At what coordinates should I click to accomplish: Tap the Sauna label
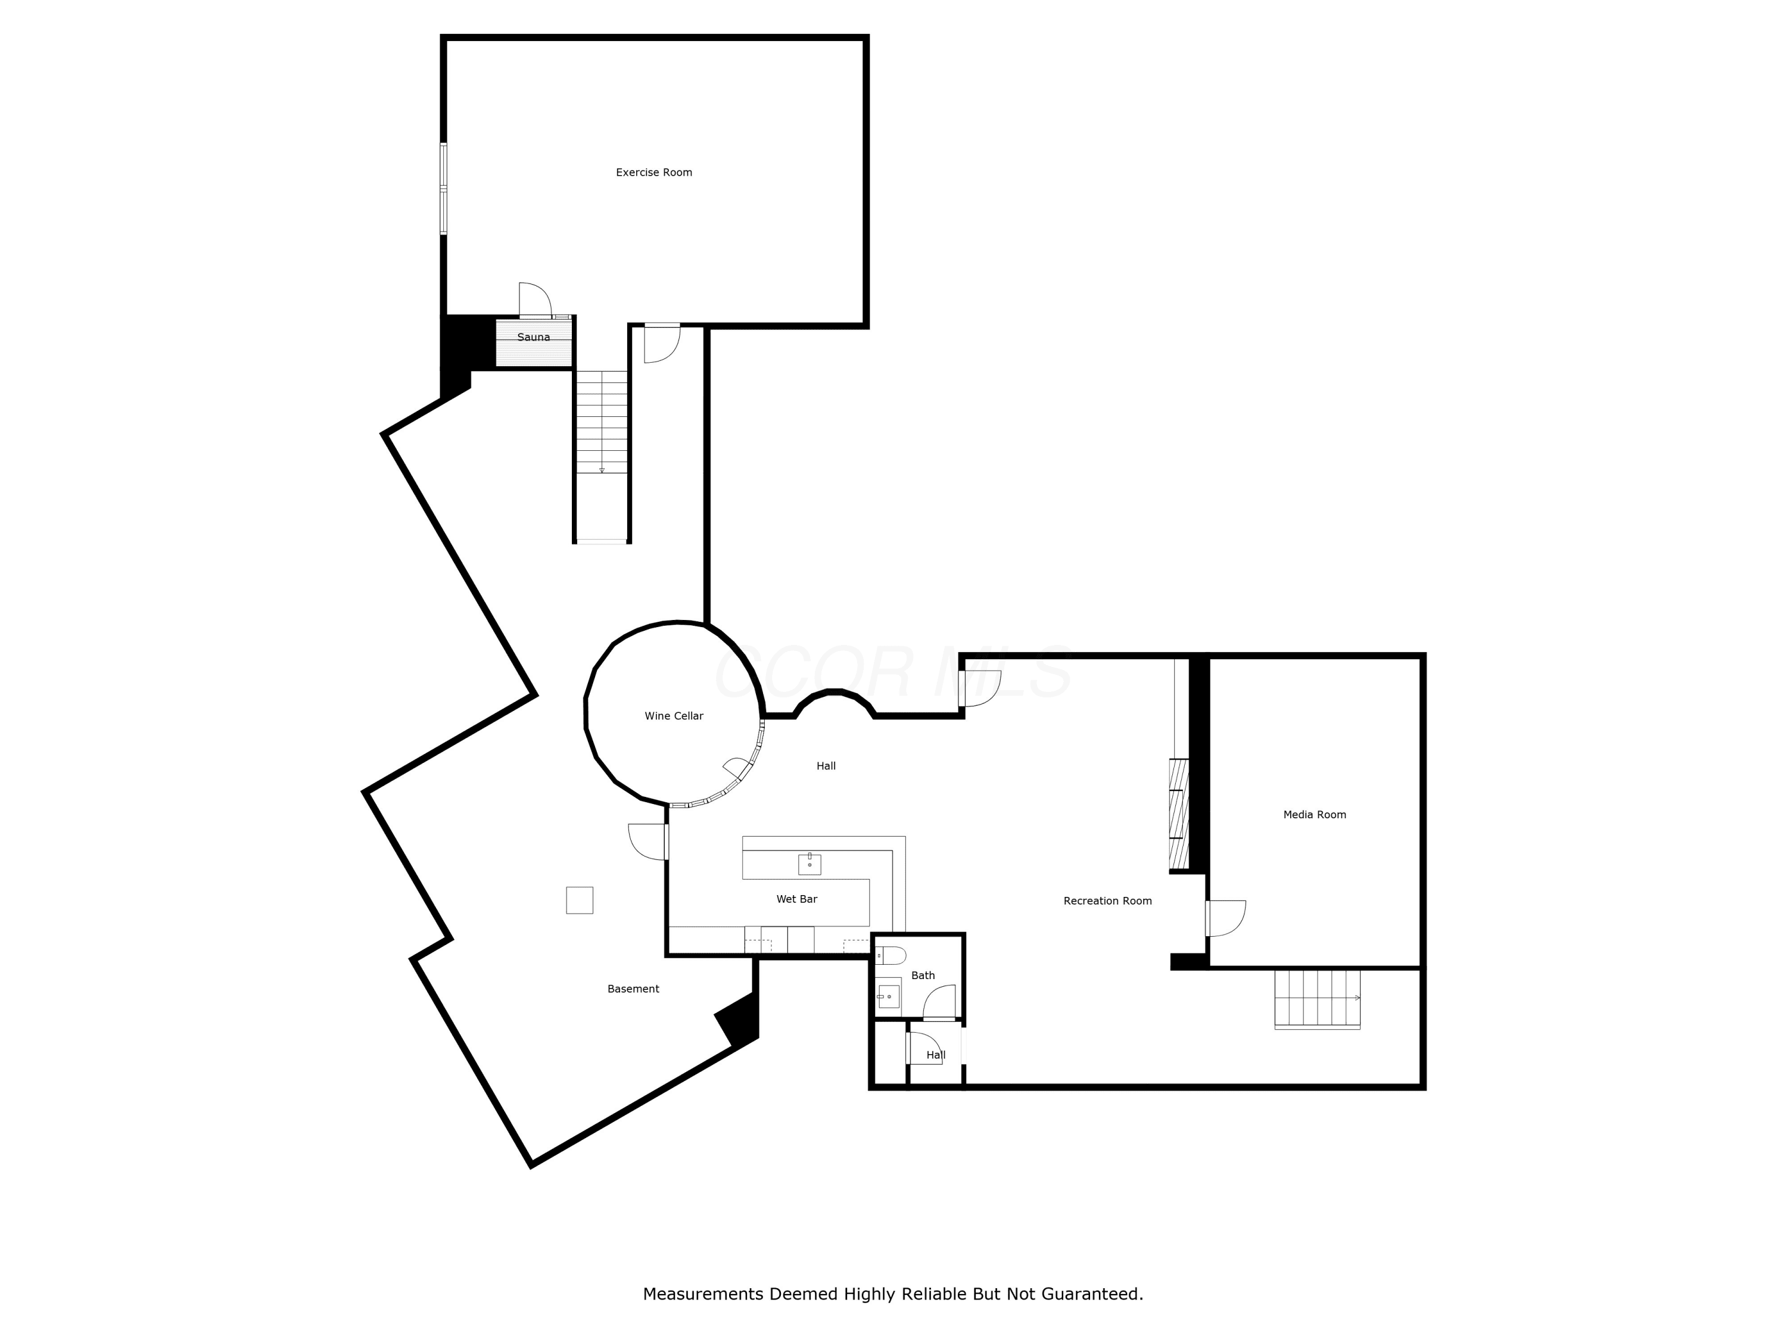click(533, 337)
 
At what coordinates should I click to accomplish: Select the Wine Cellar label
click(674, 716)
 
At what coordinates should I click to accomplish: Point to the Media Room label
click(1315, 814)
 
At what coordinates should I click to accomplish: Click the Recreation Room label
click(1107, 900)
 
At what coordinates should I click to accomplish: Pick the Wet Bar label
click(796, 899)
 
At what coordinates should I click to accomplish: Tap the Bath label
click(923, 975)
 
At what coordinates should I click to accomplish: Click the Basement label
click(633, 989)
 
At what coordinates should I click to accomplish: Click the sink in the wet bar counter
click(810, 864)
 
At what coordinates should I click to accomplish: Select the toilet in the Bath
click(891, 955)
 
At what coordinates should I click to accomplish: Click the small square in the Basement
click(579, 900)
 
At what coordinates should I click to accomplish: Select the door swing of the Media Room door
click(1226, 918)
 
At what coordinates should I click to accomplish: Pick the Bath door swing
click(939, 1002)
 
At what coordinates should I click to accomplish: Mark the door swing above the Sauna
click(535, 300)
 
